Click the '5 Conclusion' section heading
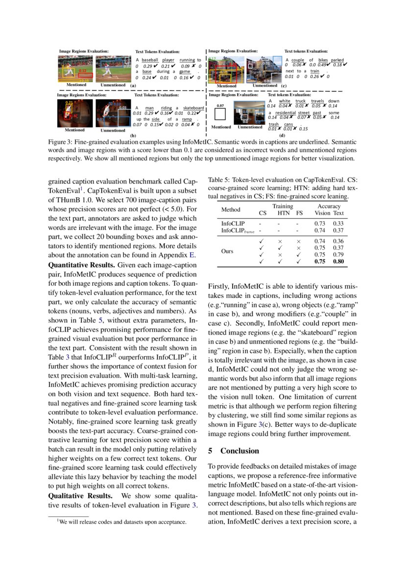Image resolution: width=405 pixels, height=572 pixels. [234, 451]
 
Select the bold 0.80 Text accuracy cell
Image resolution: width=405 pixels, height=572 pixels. [338, 261]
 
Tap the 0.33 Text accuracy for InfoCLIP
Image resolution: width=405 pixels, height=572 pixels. [338, 223]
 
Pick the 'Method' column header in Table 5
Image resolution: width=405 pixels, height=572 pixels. [231, 209]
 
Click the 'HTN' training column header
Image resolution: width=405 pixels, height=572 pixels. [284, 213]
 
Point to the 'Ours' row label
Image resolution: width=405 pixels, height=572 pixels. [227, 251]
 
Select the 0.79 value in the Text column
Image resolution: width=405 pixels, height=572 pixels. [338, 254]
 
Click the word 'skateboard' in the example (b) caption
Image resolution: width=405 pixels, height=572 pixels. [193, 108]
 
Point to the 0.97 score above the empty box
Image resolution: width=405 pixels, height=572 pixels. [220, 106]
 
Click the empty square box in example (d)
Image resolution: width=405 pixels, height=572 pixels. [220, 115]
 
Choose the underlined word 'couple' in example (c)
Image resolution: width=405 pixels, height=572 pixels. [298, 60]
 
